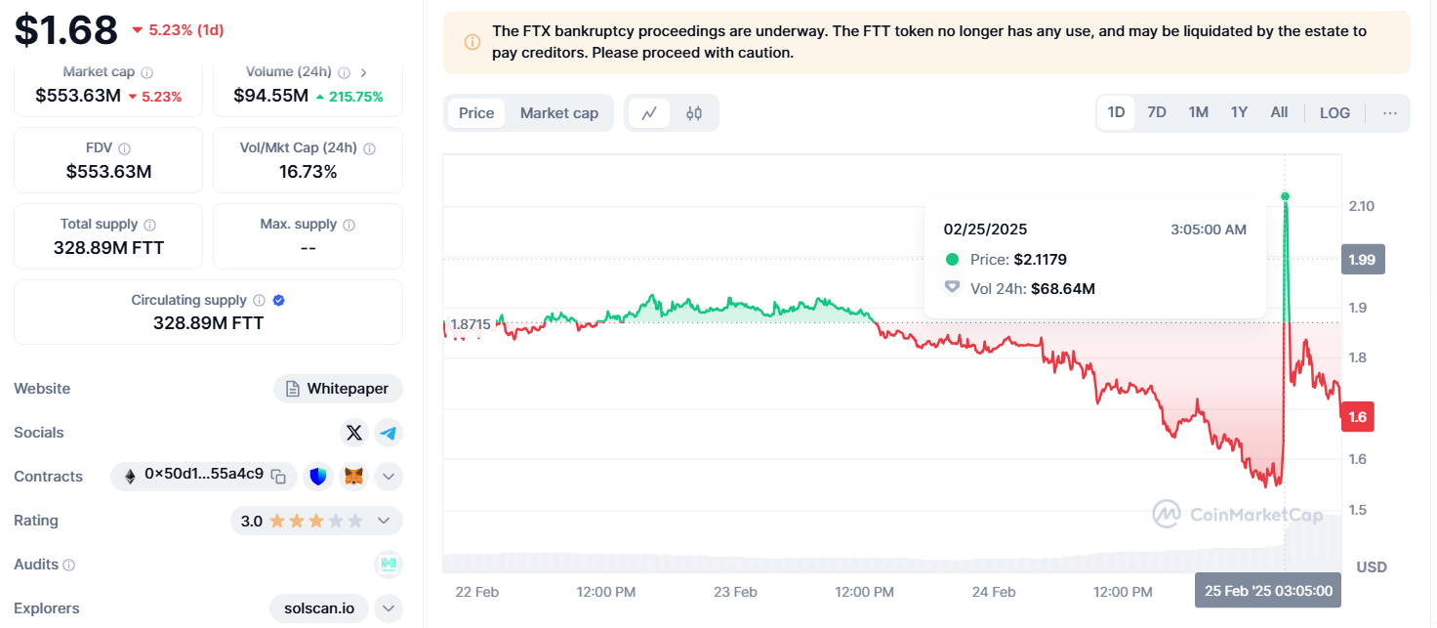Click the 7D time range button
pos(1157,112)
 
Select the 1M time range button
pos(1199,112)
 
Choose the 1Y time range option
pos(1239,112)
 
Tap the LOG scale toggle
pos(1334,112)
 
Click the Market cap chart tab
pos(558,113)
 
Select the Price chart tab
pos(476,113)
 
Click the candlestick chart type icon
pos(694,113)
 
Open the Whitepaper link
pos(338,389)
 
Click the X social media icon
pos(353,433)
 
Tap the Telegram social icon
pos(389,433)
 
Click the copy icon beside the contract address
pos(279,477)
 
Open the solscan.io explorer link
pos(319,608)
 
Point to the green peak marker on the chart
pos(1285,196)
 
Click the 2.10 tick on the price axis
pos(1361,206)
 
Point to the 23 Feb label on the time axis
pos(735,592)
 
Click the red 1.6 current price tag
pos(1358,417)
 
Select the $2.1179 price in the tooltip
pos(1040,260)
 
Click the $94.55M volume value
pos(270,96)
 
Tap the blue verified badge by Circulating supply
pos(279,301)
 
